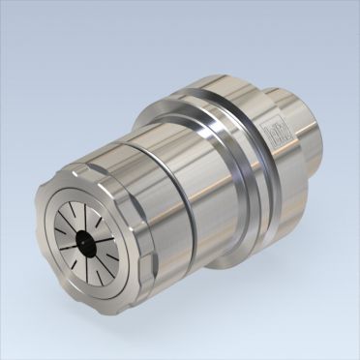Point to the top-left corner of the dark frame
click(3, 3)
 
